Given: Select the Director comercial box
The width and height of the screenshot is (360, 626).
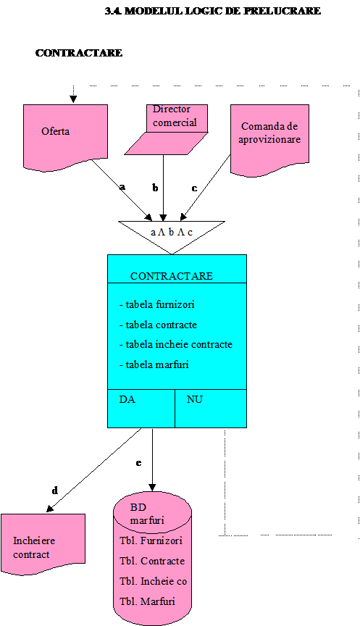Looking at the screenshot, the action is coord(177,118).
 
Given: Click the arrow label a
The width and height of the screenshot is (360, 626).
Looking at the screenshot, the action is coord(122,186).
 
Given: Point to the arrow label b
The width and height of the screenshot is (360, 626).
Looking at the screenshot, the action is coord(155,188).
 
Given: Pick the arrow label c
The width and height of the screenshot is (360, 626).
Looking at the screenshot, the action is coord(194,188).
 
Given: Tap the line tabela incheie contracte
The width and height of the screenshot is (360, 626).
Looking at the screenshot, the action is coord(176,345).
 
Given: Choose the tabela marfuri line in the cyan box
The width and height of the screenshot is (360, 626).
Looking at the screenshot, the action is coord(154,364).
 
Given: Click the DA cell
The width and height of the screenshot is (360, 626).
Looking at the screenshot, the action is coord(141,409).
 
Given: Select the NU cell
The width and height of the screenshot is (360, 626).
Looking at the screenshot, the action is coord(211,409).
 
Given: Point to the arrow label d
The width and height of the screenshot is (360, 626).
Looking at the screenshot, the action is coord(54,491).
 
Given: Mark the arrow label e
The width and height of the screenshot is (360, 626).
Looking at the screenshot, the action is coord(138,463).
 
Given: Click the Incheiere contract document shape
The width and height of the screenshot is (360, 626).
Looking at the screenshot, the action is coord(43,544).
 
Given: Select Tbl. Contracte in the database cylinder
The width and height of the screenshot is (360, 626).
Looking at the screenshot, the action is coord(152,561).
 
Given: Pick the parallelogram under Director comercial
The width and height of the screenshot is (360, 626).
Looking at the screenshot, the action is coord(166,143).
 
